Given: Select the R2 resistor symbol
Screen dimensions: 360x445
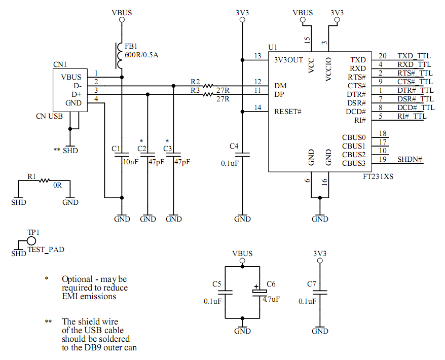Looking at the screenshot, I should click(208, 86).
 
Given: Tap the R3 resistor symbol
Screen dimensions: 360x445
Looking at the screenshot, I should click(208, 94).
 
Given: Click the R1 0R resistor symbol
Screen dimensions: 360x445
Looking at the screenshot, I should click(45, 180).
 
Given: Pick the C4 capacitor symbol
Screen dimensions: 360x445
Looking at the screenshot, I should click(243, 153).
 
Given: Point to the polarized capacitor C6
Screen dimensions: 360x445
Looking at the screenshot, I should click(257, 293).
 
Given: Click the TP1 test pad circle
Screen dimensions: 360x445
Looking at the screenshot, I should click(31, 240).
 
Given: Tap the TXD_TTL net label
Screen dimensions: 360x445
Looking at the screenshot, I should click(414, 56).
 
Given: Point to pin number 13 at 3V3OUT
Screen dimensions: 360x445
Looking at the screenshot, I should click(258, 56).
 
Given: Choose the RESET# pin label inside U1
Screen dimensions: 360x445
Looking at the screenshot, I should click(288, 112).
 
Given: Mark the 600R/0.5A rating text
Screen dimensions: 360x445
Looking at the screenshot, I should click(141, 55).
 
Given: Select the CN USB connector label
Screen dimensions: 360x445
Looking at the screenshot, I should click(49, 116).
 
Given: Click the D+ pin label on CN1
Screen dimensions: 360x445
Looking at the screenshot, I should click(77, 94).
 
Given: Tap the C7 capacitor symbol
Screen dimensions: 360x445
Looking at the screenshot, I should click(320, 293).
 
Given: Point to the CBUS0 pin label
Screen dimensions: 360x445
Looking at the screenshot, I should click(353, 137).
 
